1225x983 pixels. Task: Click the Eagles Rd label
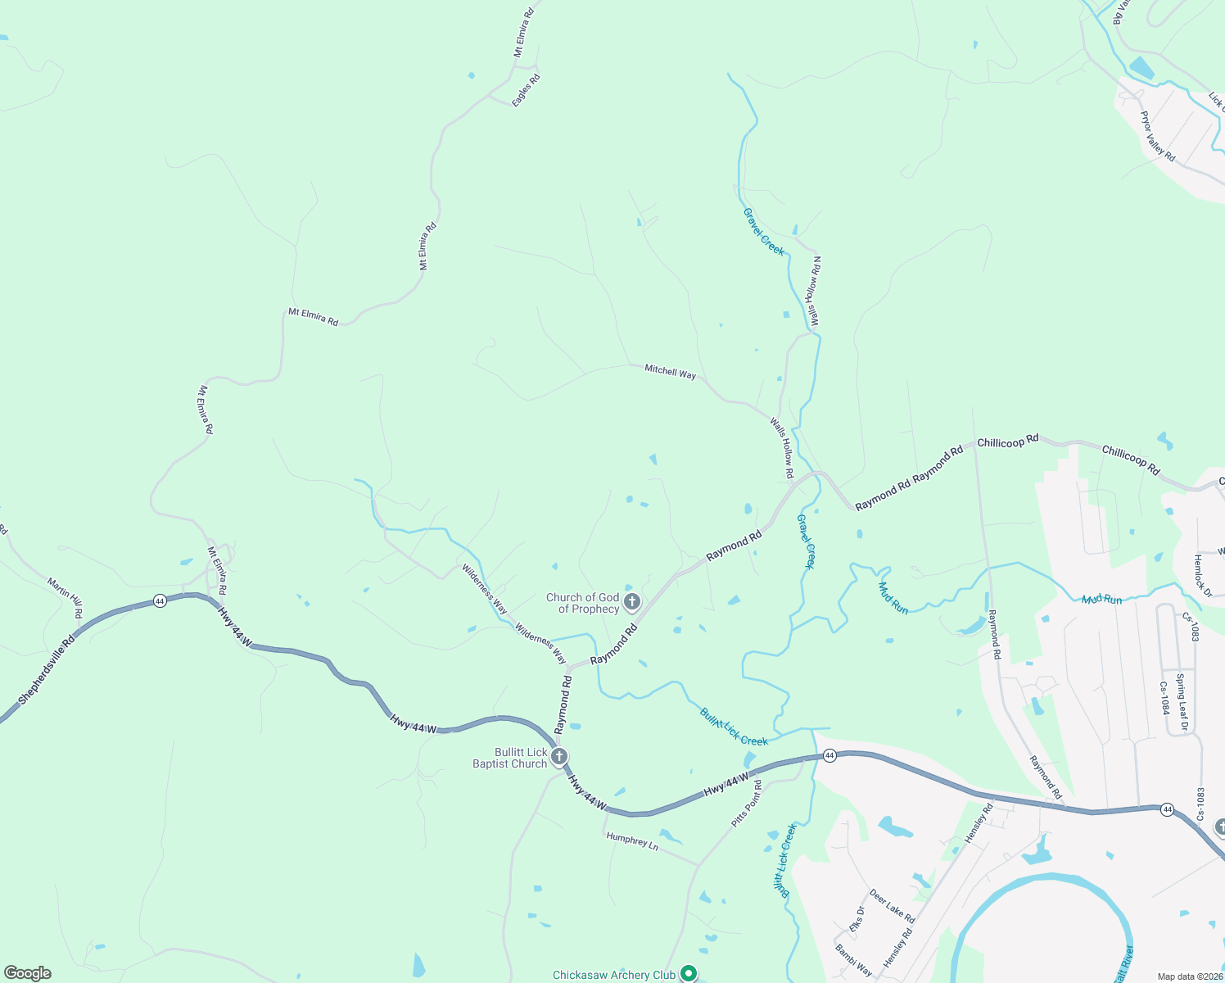527,90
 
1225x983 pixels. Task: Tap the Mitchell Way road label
670,372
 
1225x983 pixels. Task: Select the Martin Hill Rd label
65,598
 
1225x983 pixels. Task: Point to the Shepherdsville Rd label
47,669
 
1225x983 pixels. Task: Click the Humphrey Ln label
631,840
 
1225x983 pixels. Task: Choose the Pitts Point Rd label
747,804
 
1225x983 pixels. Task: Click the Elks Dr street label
857,919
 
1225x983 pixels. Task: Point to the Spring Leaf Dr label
1182,702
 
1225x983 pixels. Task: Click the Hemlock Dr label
1201,576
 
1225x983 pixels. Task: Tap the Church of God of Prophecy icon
631,604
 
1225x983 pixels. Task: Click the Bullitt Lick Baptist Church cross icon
559,756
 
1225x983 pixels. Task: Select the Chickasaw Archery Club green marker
689,973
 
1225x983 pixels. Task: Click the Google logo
27,973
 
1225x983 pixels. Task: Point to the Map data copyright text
1189,976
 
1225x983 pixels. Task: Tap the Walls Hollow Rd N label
815,292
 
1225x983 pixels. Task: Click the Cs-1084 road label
1164,698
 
